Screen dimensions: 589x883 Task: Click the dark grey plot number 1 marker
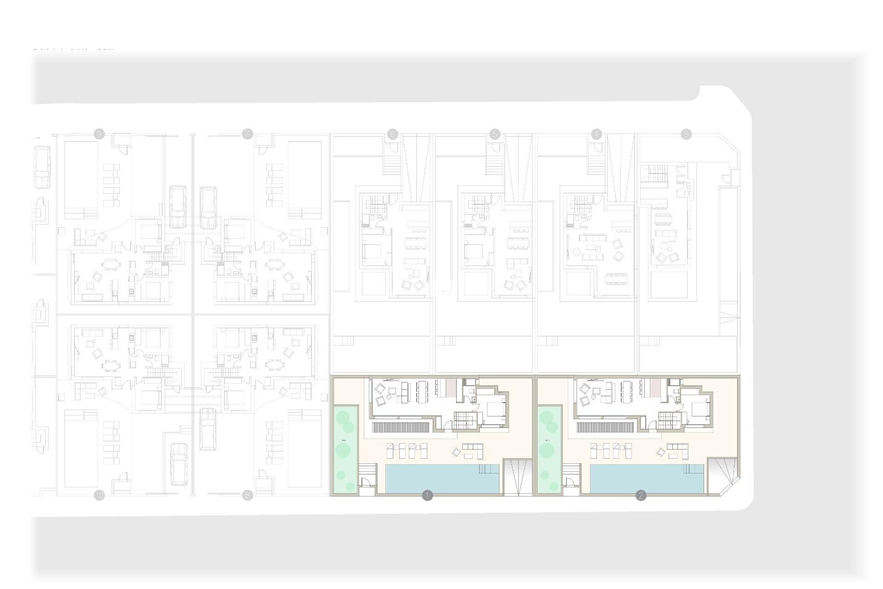point(427,496)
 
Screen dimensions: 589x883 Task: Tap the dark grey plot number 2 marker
point(641,496)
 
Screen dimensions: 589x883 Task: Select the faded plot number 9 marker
point(99,134)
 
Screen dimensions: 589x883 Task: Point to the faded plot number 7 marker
point(247,134)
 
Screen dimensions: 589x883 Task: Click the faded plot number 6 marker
point(392,134)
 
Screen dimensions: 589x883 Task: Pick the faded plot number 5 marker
point(495,134)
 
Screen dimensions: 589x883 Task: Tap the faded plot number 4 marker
point(596,134)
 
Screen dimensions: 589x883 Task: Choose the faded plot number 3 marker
point(686,134)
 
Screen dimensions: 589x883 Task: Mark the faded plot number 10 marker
point(99,496)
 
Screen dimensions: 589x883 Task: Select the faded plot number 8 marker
point(247,496)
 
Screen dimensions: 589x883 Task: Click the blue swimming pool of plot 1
point(441,479)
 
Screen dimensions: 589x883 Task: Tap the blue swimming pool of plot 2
point(646,479)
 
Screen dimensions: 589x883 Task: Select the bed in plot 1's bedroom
point(495,409)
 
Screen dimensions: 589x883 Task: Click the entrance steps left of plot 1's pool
point(367,470)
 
